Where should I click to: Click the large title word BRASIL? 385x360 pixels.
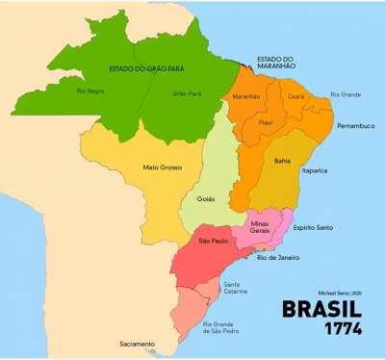click(321, 310)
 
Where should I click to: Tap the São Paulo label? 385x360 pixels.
click(213, 241)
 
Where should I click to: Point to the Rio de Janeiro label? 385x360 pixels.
click(278, 258)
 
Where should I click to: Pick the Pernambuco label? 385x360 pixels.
click(355, 126)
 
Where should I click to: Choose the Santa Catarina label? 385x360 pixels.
click(236, 288)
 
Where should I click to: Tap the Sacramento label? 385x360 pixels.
click(137, 344)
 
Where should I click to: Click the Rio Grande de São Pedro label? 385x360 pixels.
click(223, 330)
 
